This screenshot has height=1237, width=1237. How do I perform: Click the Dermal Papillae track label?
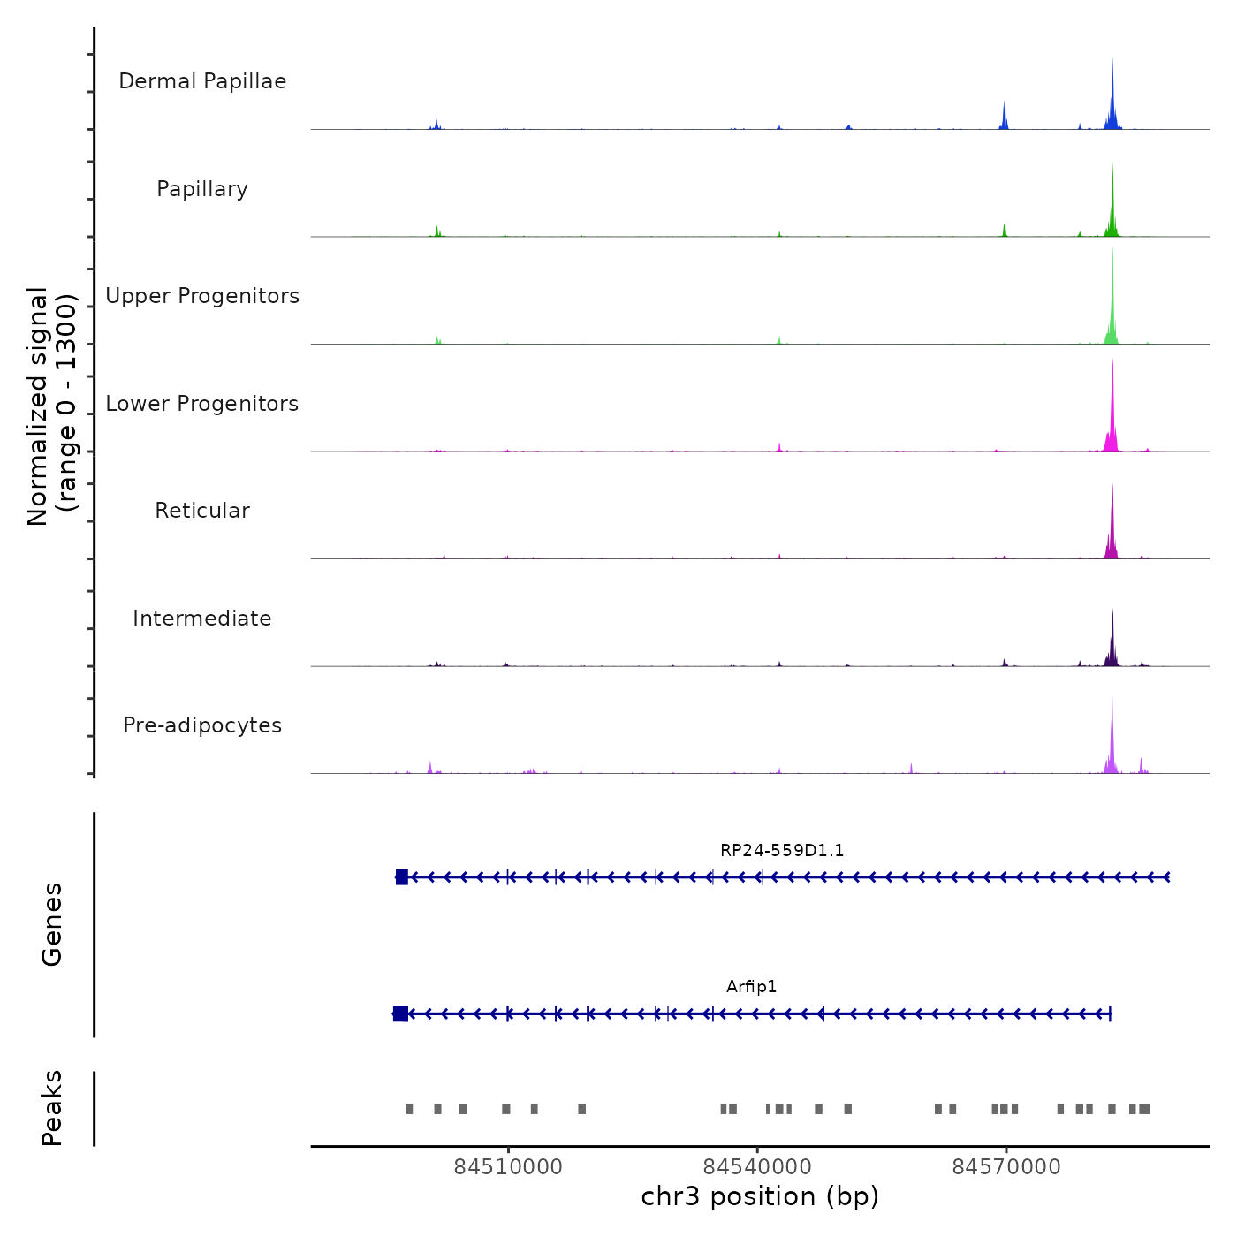click(202, 81)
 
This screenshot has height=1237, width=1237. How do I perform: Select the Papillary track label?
click(202, 189)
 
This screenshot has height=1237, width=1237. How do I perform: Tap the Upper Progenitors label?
click(202, 296)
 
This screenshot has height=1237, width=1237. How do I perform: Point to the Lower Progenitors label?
click(202, 404)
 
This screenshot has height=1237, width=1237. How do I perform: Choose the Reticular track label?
click(202, 511)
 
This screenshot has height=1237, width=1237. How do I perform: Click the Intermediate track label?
click(202, 618)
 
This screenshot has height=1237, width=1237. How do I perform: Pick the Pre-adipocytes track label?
click(202, 725)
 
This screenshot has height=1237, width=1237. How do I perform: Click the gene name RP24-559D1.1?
click(782, 851)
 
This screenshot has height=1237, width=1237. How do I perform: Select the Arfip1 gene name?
click(752, 987)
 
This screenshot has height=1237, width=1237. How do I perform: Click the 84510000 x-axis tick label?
click(508, 1167)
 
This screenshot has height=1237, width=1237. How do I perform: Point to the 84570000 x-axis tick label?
click(1006, 1167)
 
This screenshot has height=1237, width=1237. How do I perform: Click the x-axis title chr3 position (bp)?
click(760, 1196)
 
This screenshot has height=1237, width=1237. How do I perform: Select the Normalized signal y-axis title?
click(51, 406)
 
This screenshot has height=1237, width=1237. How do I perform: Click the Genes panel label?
click(52, 924)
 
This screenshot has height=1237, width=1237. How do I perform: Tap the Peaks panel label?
click(52, 1108)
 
